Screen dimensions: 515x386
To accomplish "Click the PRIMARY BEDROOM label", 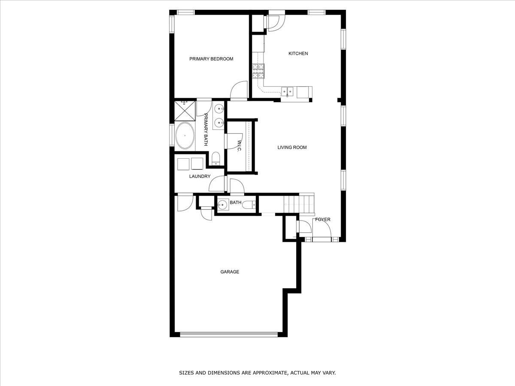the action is click(x=211, y=59).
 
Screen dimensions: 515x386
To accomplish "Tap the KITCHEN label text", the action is click(x=298, y=54).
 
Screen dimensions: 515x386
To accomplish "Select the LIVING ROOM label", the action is click(x=292, y=148).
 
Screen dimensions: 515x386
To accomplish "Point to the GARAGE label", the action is click(x=230, y=272).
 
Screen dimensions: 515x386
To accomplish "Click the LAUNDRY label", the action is click(x=200, y=176).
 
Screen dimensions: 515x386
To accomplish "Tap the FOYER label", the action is click(x=323, y=219).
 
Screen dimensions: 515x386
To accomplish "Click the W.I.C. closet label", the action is click(x=239, y=146).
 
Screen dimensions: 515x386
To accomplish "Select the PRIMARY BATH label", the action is click(x=206, y=130).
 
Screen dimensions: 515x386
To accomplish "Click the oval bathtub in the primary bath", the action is click(x=185, y=136).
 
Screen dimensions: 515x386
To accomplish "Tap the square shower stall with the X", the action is click(x=185, y=111).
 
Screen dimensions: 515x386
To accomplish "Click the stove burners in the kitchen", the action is click(x=258, y=71).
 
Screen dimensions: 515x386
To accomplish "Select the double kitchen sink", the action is click(x=288, y=92).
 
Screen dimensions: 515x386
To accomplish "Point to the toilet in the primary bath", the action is click(x=215, y=159).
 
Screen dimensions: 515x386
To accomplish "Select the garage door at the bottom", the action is click(x=229, y=335).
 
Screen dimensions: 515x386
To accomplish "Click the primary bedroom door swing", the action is click(x=239, y=90).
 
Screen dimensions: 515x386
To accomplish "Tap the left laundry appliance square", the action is click(x=183, y=164).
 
